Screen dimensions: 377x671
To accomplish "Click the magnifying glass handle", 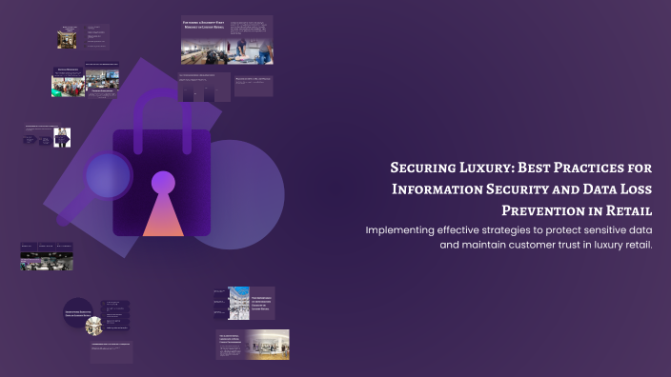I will click(x=71, y=211).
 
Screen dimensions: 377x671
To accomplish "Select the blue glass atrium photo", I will click(x=238, y=302).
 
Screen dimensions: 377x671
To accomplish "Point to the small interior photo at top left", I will click(x=67, y=39).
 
